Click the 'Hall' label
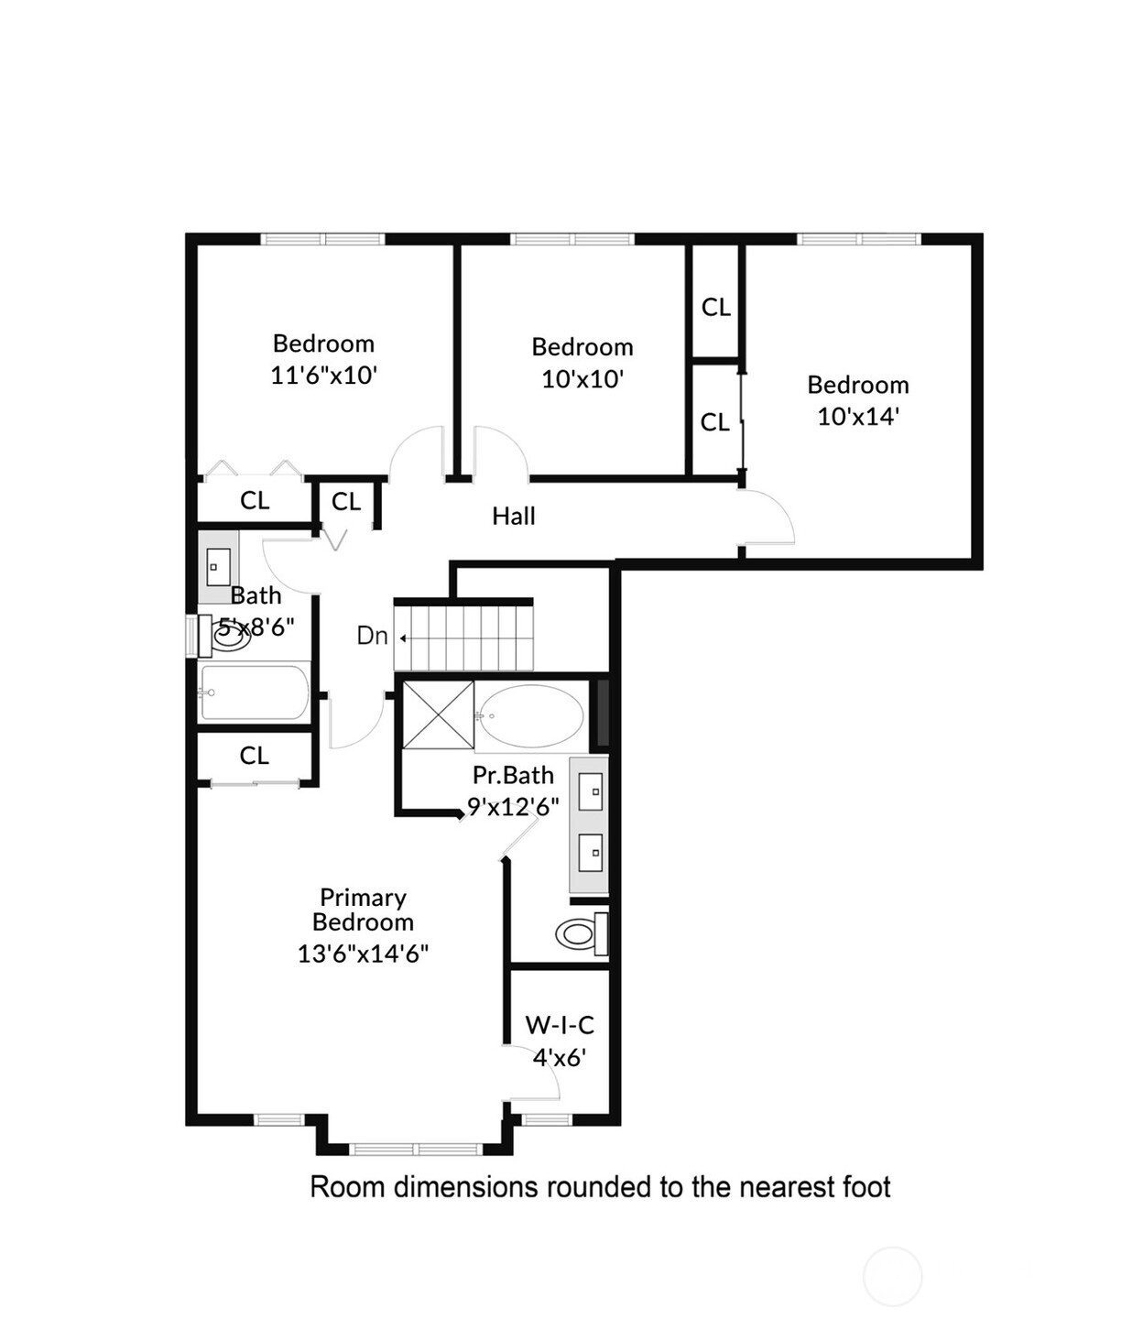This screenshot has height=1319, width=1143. (513, 517)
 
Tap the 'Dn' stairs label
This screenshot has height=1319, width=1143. (372, 636)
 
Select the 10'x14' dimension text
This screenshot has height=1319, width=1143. (858, 417)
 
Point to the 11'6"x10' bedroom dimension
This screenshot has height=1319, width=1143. (323, 376)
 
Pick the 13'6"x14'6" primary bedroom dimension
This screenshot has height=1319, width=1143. (363, 954)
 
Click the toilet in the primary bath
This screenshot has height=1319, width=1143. (581, 933)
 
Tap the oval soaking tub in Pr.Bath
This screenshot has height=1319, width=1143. (531, 715)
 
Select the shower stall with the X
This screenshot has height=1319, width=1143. (439, 714)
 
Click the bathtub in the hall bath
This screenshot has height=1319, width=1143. (254, 693)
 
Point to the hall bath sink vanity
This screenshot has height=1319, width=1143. (218, 567)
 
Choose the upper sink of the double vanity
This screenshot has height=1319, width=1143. (591, 792)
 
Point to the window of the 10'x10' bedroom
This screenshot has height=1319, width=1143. (571, 239)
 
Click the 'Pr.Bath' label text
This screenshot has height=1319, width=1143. (513, 775)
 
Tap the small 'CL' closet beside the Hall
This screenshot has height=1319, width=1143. (346, 502)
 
